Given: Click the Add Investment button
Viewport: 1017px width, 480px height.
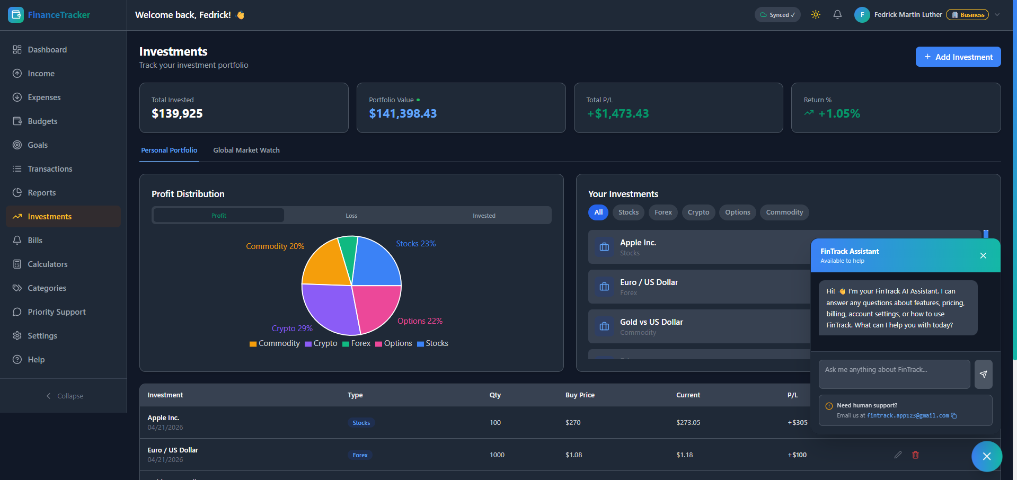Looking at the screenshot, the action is (x=958, y=57).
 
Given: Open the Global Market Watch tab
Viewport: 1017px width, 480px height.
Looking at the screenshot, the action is (x=246, y=150).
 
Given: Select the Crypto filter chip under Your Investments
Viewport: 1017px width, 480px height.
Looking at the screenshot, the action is (x=698, y=212).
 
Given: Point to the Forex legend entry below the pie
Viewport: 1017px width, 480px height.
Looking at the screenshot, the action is (x=356, y=343).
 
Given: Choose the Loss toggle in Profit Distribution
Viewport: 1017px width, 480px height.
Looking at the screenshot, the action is (x=351, y=216).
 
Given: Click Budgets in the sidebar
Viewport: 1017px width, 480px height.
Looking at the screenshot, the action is (x=42, y=121).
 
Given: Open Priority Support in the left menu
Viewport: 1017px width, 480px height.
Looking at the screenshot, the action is (x=57, y=312).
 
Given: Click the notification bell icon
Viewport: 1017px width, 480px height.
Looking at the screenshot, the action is (x=837, y=15).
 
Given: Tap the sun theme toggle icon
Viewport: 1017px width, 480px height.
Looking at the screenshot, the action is (x=816, y=15).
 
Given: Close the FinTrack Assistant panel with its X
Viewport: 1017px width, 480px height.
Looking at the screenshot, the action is (x=983, y=255).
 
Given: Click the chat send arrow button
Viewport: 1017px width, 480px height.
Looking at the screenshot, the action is (x=984, y=374).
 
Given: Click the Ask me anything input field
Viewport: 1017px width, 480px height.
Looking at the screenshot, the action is (x=895, y=374).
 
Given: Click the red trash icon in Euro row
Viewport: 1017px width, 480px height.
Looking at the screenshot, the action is (x=915, y=455).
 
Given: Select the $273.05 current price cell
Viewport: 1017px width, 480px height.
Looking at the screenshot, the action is (x=688, y=423).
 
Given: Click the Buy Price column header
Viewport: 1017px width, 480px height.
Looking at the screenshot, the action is (x=580, y=395).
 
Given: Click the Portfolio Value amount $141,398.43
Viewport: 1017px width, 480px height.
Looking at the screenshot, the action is (x=403, y=113).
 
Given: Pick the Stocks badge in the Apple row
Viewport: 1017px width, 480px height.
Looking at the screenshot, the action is (x=361, y=423).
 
